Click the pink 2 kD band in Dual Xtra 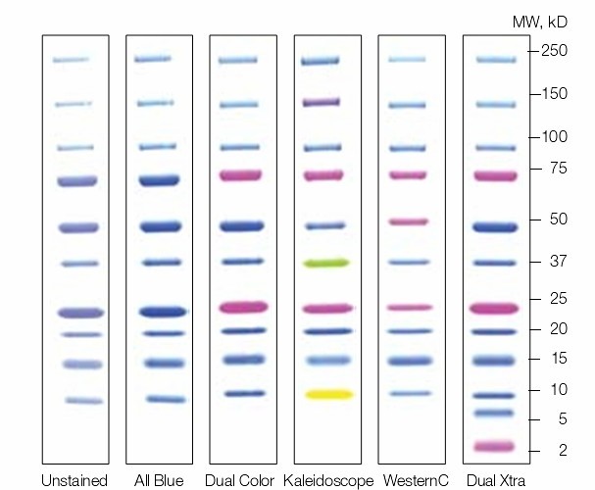495,446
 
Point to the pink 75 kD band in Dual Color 240,175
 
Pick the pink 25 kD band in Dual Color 243,307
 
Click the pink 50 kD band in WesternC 409,221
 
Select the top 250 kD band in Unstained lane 71,60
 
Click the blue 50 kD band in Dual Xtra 495,226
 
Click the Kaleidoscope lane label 328,480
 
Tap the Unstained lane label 74,480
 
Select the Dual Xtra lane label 494,480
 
